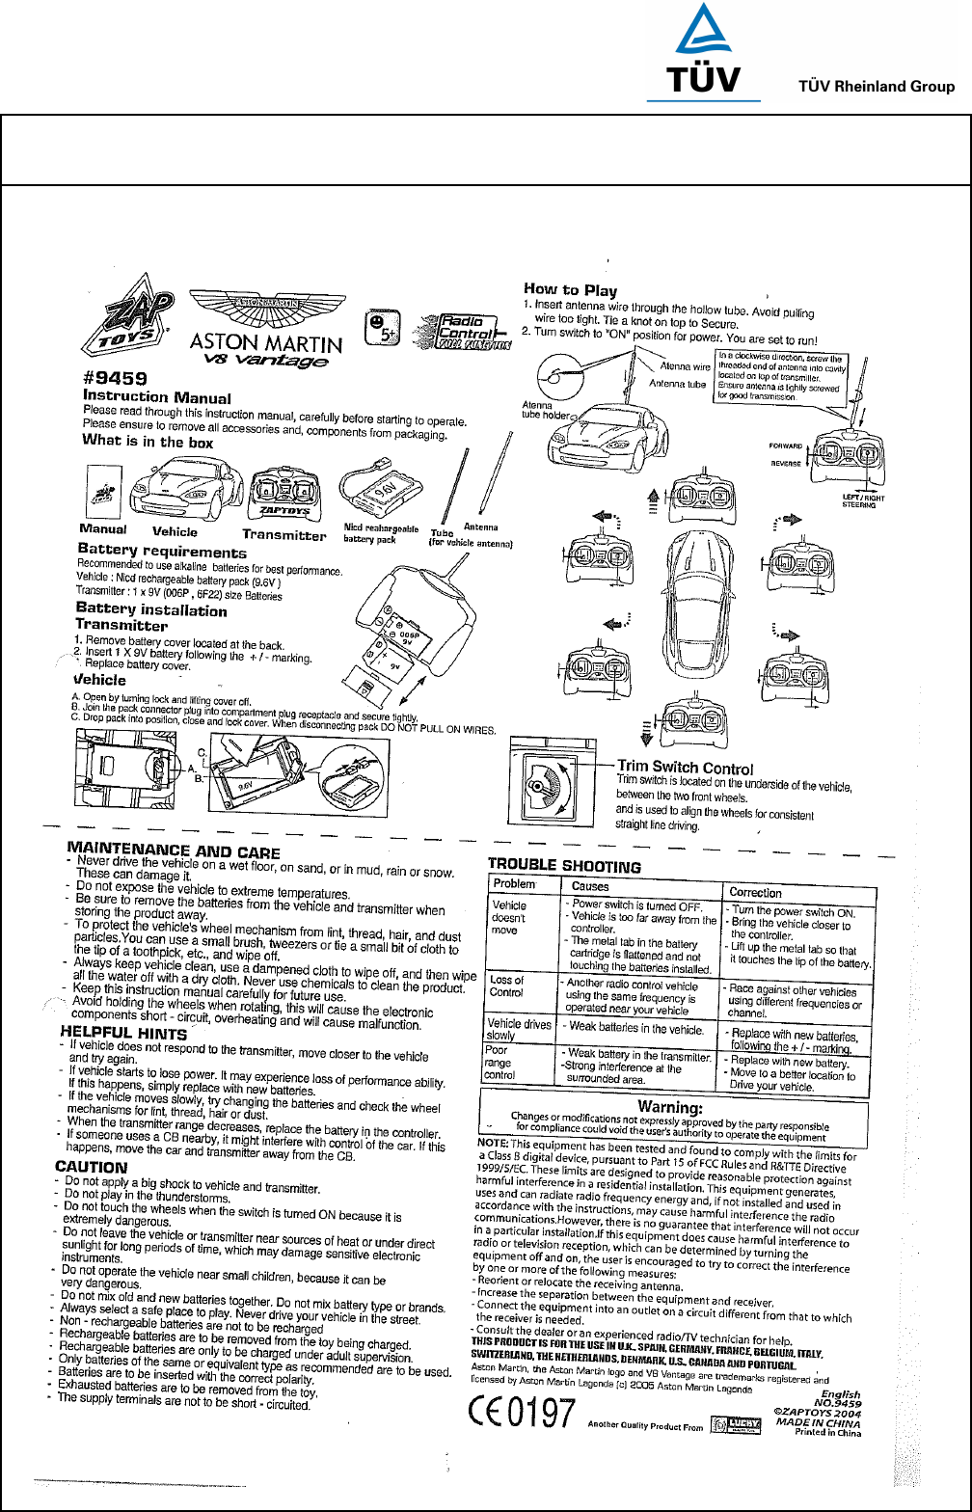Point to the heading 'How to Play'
click(x=570, y=289)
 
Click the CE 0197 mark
click(x=522, y=1414)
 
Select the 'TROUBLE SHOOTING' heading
click(x=564, y=865)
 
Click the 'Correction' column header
click(x=755, y=892)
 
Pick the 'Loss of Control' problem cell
click(x=508, y=985)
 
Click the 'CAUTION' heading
click(x=92, y=1167)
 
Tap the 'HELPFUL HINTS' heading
click(x=123, y=1033)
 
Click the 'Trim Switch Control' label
click(x=685, y=769)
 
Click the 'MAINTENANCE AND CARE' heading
click(x=174, y=851)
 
